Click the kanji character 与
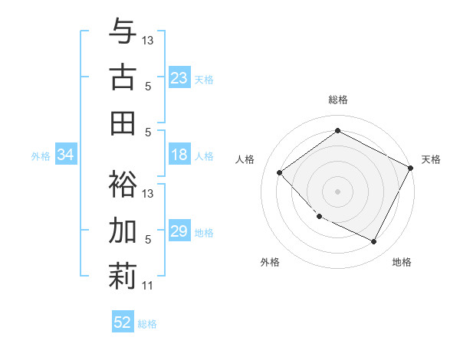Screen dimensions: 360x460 123,32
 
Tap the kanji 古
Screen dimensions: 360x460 123,78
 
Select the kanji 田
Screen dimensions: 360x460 123,123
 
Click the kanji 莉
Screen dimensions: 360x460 123,276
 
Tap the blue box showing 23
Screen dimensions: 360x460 179,78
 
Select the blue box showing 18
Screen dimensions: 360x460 179,155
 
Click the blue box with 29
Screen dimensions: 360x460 179,232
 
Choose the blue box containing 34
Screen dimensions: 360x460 65,155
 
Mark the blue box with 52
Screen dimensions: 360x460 123,322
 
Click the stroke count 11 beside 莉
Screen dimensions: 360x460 147,286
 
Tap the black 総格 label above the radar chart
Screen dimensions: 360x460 337,100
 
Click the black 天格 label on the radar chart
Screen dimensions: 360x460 431,159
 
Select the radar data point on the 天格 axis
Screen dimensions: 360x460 411,167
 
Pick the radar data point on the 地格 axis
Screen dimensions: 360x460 374,242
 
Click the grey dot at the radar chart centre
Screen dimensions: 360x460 337,191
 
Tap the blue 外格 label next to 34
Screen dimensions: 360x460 41,156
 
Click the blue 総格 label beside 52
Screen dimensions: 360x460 147,324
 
